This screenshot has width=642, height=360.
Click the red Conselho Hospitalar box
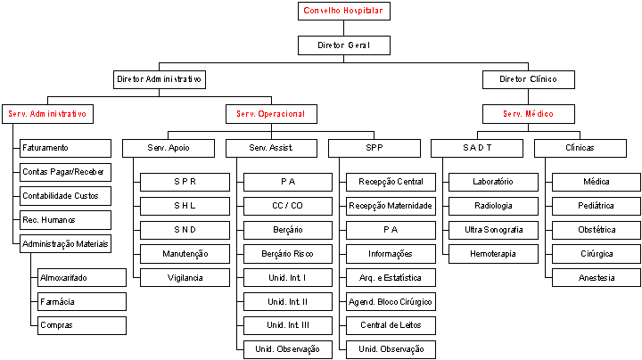(344, 11)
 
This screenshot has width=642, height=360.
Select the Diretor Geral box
(344, 45)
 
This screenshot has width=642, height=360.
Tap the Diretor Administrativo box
(160, 79)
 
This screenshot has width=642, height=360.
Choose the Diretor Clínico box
(528, 79)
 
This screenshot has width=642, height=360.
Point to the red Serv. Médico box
(528, 114)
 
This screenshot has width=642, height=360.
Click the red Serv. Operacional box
(271, 114)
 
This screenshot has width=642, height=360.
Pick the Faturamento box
(65, 148)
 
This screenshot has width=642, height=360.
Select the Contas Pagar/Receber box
(65, 172)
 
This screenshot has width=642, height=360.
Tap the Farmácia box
(82, 302)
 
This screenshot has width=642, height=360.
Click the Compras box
(82, 325)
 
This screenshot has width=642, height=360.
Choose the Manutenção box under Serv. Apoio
(185, 254)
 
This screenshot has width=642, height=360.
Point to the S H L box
(185, 206)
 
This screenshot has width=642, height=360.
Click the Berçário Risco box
(288, 254)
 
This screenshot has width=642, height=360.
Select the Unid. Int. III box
(288, 325)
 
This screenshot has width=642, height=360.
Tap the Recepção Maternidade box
(391, 206)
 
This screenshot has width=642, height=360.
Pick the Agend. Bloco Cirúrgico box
(391, 302)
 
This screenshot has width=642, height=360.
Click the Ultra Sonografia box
(493, 230)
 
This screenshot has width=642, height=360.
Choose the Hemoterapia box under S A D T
(493, 254)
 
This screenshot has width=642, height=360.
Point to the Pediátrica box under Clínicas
(597, 206)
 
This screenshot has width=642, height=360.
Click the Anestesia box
(597, 278)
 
